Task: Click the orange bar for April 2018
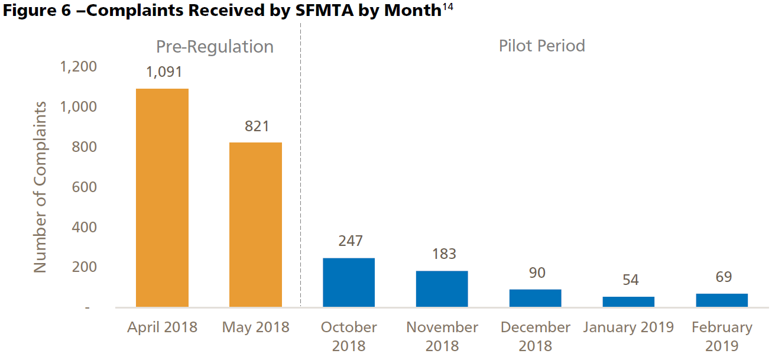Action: pos(163,198)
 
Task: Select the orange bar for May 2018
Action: pos(255,225)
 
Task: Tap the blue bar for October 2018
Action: pos(349,283)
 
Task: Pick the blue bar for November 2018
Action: pos(442,289)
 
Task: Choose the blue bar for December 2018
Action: pos(535,298)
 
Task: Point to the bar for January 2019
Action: pos(628,301)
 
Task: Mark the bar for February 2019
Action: pos(722,300)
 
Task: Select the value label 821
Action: pos(256,126)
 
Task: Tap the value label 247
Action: pos(350,241)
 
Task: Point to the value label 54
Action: pos(630,280)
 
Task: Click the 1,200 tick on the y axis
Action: pos(79,67)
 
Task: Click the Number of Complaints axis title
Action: pos(40,187)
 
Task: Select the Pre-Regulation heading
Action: pos(215,47)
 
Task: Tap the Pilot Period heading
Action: pos(541,46)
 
